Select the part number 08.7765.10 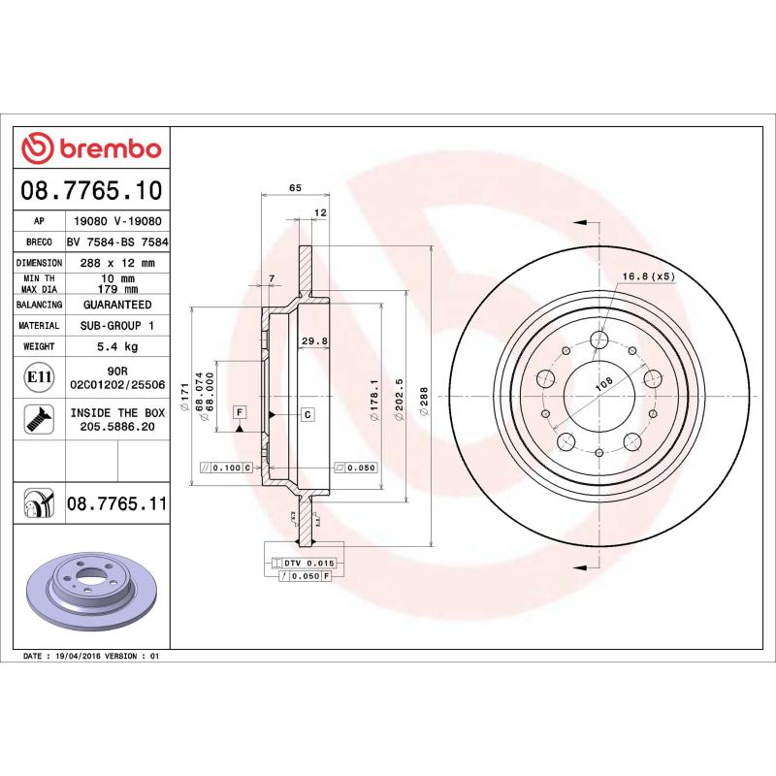click(x=92, y=190)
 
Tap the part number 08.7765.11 click(x=117, y=503)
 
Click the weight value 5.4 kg click(x=116, y=346)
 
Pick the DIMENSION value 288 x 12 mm click(x=116, y=263)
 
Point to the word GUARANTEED click(x=116, y=305)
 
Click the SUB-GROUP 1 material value click(x=116, y=326)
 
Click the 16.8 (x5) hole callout click(x=650, y=276)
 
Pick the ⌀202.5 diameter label click(x=399, y=397)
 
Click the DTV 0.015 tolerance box click(x=304, y=563)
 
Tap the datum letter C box click(x=307, y=415)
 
